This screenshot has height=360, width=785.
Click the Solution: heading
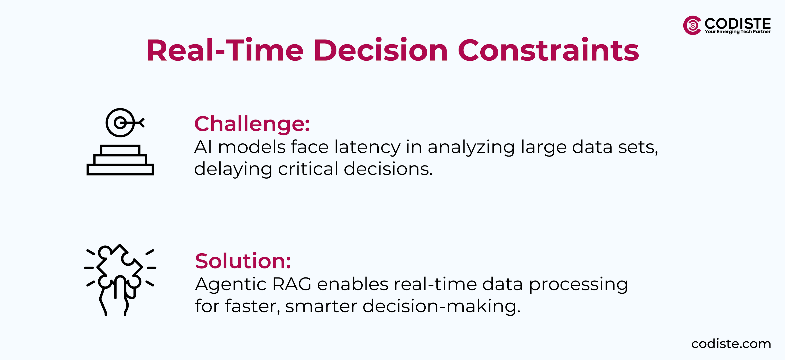[243, 261]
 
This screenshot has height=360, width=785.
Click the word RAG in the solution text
[292, 284]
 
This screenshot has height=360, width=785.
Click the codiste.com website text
[731, 344]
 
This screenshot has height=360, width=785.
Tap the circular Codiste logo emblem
[692, 25]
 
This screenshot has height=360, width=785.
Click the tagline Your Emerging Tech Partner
[737, 32]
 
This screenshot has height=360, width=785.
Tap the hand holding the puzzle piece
[117, 297]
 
